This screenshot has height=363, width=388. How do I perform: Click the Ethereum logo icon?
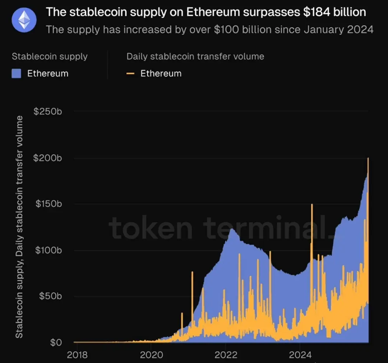[24, 20]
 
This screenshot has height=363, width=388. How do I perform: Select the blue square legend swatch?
[17, 74]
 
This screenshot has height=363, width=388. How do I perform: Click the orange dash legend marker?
[130, 74]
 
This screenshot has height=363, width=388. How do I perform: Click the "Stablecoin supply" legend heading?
[50, 56]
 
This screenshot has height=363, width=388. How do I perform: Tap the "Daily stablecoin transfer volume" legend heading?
[195, 56]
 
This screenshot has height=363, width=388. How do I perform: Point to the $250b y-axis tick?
[48, 111]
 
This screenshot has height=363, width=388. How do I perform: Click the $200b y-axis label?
[48, 158]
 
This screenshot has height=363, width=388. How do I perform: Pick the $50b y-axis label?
[50, 296]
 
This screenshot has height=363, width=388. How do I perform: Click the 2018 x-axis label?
[77, 355]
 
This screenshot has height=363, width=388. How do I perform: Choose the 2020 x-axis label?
[151, 355]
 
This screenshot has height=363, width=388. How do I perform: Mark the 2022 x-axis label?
[226, 355]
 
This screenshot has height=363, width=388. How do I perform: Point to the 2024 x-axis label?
[300, 355]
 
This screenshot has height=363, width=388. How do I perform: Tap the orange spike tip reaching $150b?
[311, 205]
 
